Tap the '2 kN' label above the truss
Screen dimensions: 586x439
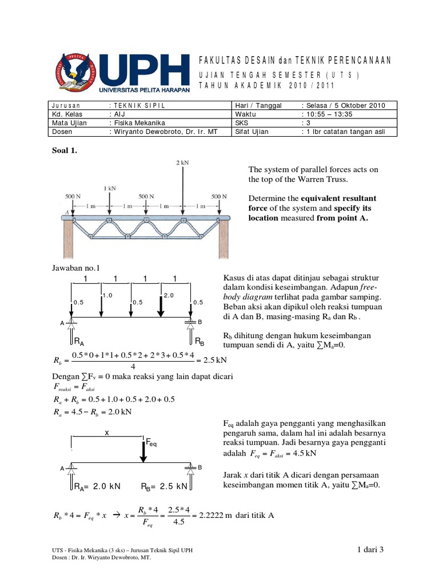tap(182, 163)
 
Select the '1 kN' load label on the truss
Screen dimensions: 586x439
tap(109, 188)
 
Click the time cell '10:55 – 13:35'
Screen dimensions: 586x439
tap(326, 114)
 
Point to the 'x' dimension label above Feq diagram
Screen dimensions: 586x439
tap(106, 434)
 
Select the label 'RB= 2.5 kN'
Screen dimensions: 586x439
tap(165, 486)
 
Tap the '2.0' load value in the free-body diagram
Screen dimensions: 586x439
tap(169, 295)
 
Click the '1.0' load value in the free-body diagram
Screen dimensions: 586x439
tap(107, 295)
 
